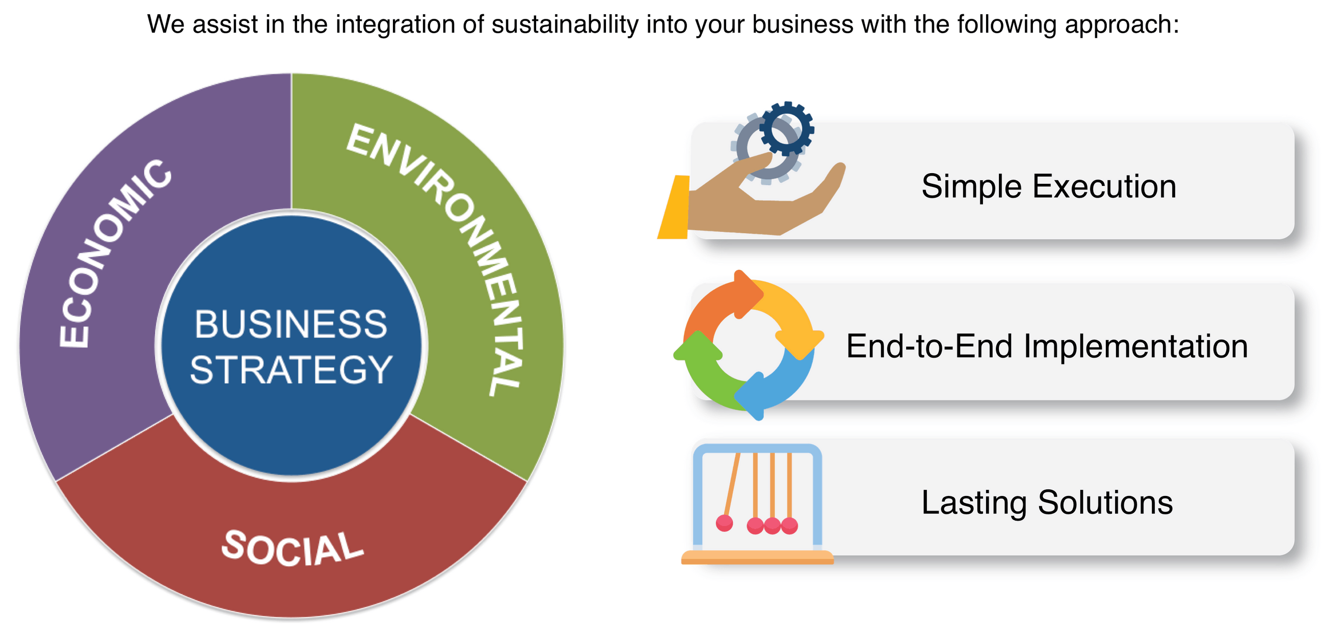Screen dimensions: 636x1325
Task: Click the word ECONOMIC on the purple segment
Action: click(111, 255)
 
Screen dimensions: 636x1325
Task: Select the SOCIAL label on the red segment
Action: click(292, 549)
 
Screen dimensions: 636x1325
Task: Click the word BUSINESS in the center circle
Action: click(290, 324)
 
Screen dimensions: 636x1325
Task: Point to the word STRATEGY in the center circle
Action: click(291, 370)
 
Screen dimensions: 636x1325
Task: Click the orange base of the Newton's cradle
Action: click(757, 558)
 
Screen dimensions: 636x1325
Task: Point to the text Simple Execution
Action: click(1048, 186)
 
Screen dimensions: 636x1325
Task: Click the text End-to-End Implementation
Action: click(1047, 346)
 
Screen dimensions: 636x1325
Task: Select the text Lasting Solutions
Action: click(1047, 502)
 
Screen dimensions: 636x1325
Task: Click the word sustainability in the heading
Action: click(564, 24)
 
